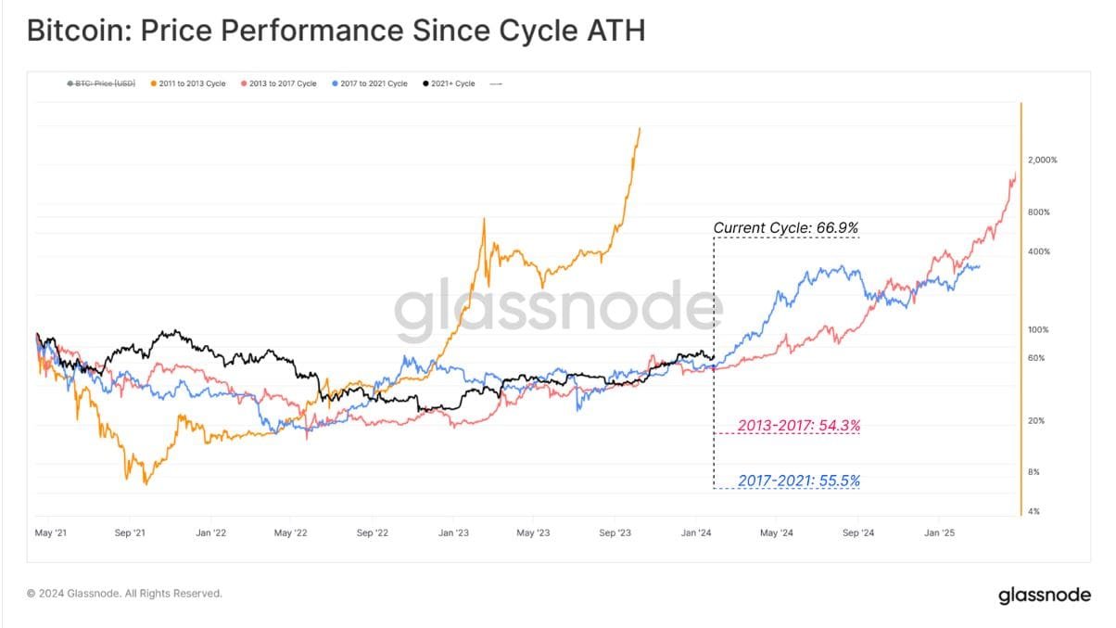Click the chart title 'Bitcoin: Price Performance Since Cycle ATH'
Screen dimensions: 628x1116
tap(336, 31)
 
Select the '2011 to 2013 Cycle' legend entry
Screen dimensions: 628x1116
tap(187, 83)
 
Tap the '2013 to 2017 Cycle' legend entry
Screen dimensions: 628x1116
tap(278, 83)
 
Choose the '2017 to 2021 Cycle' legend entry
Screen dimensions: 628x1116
tap(369, 83)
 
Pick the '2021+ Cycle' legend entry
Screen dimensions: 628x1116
tap(449, 83)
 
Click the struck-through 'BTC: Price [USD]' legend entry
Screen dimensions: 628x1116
tap(101, 83)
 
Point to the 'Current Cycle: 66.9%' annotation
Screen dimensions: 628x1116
tap(786, 227)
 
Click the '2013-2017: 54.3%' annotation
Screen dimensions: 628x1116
tap(798, 426)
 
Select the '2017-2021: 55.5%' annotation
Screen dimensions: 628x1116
tap(798, 481)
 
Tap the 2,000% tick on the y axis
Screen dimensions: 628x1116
tap(1042, 160)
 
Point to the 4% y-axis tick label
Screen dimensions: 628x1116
tap(1033, 511)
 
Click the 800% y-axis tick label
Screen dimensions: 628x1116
tap(1038, 212)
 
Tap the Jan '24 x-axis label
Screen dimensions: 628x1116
tap(696, 533)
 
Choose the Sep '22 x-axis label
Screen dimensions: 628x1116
tap(371, 533)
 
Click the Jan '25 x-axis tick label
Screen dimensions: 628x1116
tap(940, 533)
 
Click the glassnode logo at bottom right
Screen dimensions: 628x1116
tap(1044, 596)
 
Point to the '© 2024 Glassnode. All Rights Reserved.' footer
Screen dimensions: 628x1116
tap(124, 594)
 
